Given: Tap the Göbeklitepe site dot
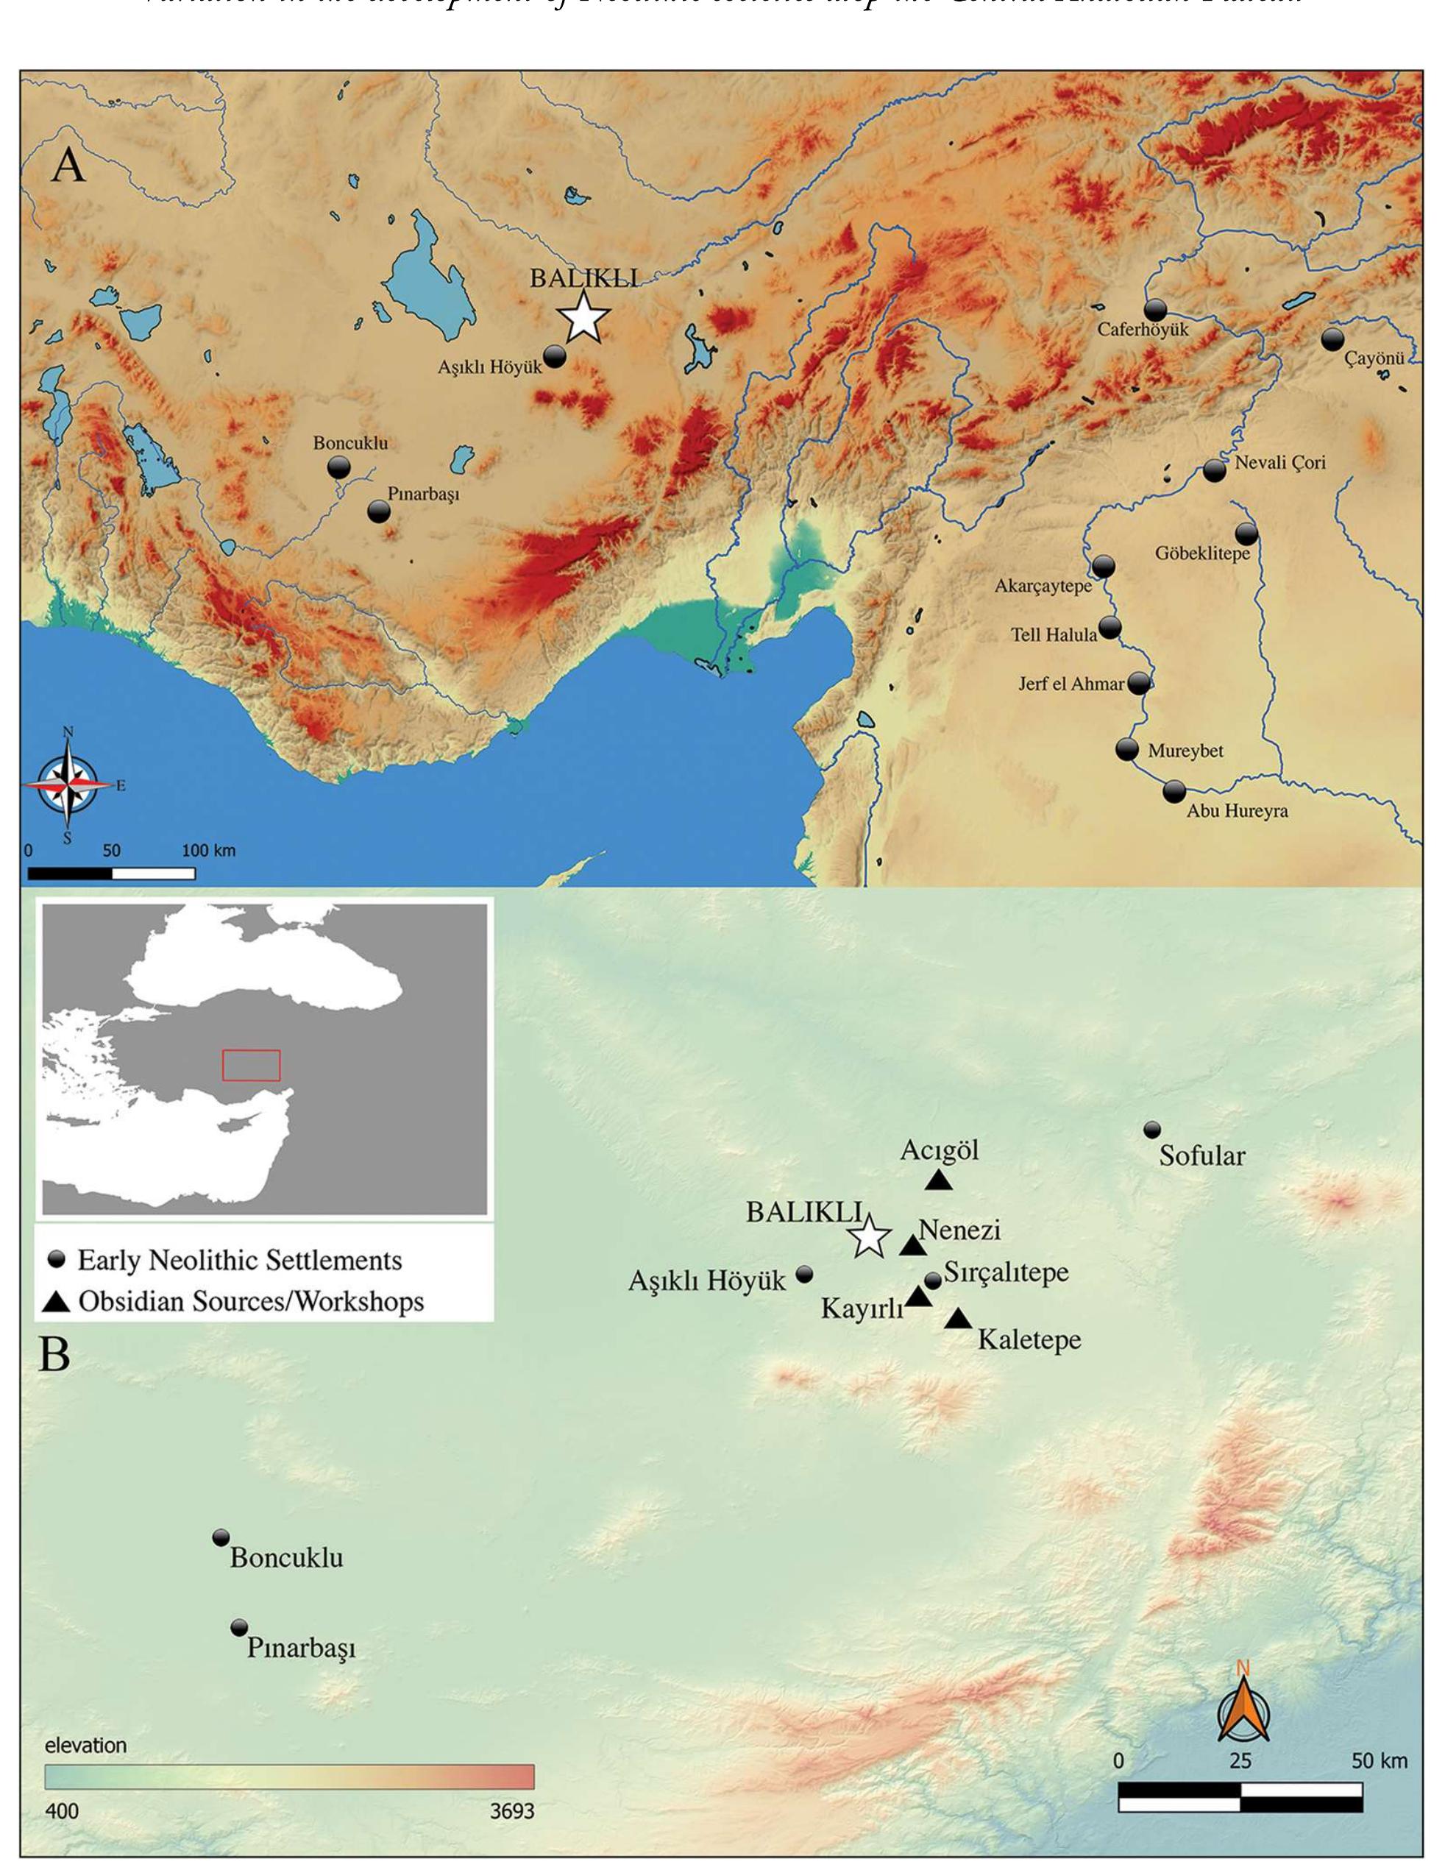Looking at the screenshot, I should (x=1246, y=534).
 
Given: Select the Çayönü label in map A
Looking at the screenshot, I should (x=1373, y=358).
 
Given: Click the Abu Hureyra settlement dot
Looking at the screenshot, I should (x=1174, y=791).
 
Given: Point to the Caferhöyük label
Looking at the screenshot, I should (x=1143, y=329).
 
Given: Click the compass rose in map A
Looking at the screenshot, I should (x=68, y=785).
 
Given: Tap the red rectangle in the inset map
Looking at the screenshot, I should (x=251, y=1065).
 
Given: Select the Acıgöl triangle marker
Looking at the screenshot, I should (x=939, y=1180).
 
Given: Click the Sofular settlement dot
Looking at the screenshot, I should (x=1152, y=1130).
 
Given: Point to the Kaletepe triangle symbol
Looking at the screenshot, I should (x=958, y=1320).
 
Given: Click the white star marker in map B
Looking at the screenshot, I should (x=869, y=1236).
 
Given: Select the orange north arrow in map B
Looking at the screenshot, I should (x=1243, y=1713).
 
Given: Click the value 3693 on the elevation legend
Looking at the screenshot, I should (x=511, y=1812).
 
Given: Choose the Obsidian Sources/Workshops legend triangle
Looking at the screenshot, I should (x=57, y=1303).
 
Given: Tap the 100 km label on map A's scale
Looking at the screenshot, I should (x=208, y=851).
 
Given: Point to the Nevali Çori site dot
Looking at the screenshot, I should (x=1214, y=470).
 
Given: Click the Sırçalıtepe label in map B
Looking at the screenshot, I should (x=1006, y=1272).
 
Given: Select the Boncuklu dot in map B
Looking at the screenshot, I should (x=221, y=1537).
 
